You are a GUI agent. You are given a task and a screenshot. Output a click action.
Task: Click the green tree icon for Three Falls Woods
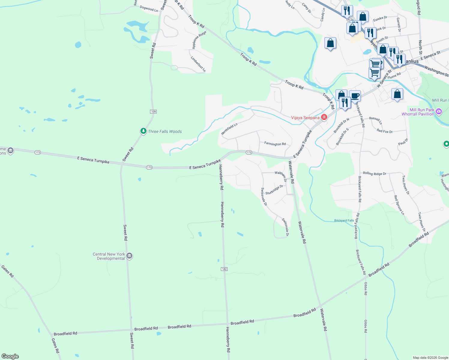coord(143,131)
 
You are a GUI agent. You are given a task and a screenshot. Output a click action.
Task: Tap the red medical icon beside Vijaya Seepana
coord(324,117)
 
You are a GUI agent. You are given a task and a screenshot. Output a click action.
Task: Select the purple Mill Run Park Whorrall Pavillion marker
coord(439,112)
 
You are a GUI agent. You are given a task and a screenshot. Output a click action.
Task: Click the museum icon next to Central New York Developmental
coord(129,256)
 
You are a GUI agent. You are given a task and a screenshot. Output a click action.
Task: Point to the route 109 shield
coord(153,112)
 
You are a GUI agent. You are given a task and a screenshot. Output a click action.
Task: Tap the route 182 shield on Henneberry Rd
coord(224,269)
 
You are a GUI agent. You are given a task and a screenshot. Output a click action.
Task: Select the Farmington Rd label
coord(275,144)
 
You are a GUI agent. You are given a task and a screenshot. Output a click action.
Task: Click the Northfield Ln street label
coord(229,129)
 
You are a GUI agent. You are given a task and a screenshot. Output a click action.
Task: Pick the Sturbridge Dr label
coord(274,190)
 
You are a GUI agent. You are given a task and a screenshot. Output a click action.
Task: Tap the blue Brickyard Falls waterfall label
coord(344,220)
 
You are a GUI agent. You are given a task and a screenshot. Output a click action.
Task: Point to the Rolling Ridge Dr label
coord(374,173)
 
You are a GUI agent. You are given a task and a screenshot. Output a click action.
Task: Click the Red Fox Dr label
coord(384,131)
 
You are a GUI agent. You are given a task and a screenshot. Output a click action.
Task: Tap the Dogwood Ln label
coord(149,9)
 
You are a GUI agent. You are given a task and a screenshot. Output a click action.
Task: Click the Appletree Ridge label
coord(199,40)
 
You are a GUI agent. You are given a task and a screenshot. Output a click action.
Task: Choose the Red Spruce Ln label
coord(399,205)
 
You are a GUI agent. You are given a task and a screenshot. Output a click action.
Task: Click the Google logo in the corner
coord(10,356)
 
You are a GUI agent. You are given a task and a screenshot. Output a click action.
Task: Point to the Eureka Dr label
coord(380,19)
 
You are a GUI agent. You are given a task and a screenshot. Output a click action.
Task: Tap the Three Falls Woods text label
coord(165,131)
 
